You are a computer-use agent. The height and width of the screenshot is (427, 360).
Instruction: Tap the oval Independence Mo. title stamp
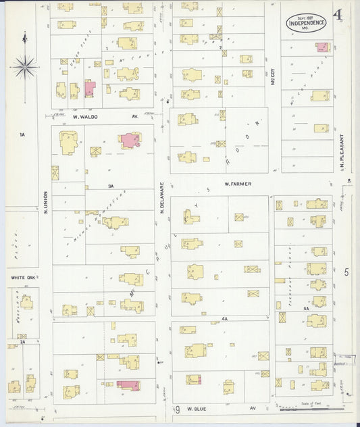[x=306, y=22]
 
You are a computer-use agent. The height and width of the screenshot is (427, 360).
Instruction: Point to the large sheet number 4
[x=336, y=15]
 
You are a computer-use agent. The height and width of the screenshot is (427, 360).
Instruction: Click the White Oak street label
[x=22, y=277]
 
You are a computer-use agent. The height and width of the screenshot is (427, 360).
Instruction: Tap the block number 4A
[x=224, y=318]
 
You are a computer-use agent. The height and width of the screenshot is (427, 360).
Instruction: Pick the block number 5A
[x=305, y=309]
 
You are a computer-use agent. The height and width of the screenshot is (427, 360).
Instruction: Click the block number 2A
[x=22, y=342]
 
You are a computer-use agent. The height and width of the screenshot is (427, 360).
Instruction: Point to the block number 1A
[x=22, y=135]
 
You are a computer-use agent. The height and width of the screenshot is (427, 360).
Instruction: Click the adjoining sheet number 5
[x=346, y=272]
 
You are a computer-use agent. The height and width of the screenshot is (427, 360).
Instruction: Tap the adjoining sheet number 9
[x=178, y=409]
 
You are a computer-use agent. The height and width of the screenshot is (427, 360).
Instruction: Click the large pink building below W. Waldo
[x=130, y=141]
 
